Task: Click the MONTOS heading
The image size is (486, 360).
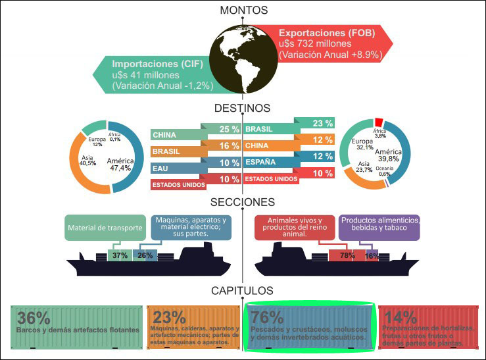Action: click(x=244, y=10)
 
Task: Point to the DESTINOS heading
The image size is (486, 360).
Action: click(x=243, y=108)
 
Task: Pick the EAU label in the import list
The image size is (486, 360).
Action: click(x=160, y=168)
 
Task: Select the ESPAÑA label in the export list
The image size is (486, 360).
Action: click(x=262, y=161)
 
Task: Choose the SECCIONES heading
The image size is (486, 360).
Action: click(x=243, y=201)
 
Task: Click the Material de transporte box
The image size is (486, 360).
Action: click(x=105, y=228)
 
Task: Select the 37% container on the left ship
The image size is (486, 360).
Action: click(x=120, y=255)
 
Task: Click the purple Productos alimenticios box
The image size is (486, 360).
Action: click(x=380, y=228)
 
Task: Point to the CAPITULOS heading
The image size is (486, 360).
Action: click(x=243, y=290)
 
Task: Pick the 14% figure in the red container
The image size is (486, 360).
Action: click(x=398, y=317)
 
